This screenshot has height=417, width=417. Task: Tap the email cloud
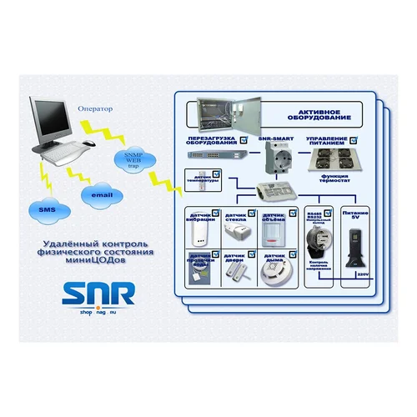[103, 194]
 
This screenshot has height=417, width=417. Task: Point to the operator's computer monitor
[48, 119]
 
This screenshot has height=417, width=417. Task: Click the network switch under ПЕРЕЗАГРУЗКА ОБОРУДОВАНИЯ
[213, 155]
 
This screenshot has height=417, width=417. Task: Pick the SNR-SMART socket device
[274, 158]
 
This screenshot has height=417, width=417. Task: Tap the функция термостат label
[330, 179]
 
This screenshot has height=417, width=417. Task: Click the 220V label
[361, 273]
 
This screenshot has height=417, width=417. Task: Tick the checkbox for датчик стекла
[254, 213]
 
